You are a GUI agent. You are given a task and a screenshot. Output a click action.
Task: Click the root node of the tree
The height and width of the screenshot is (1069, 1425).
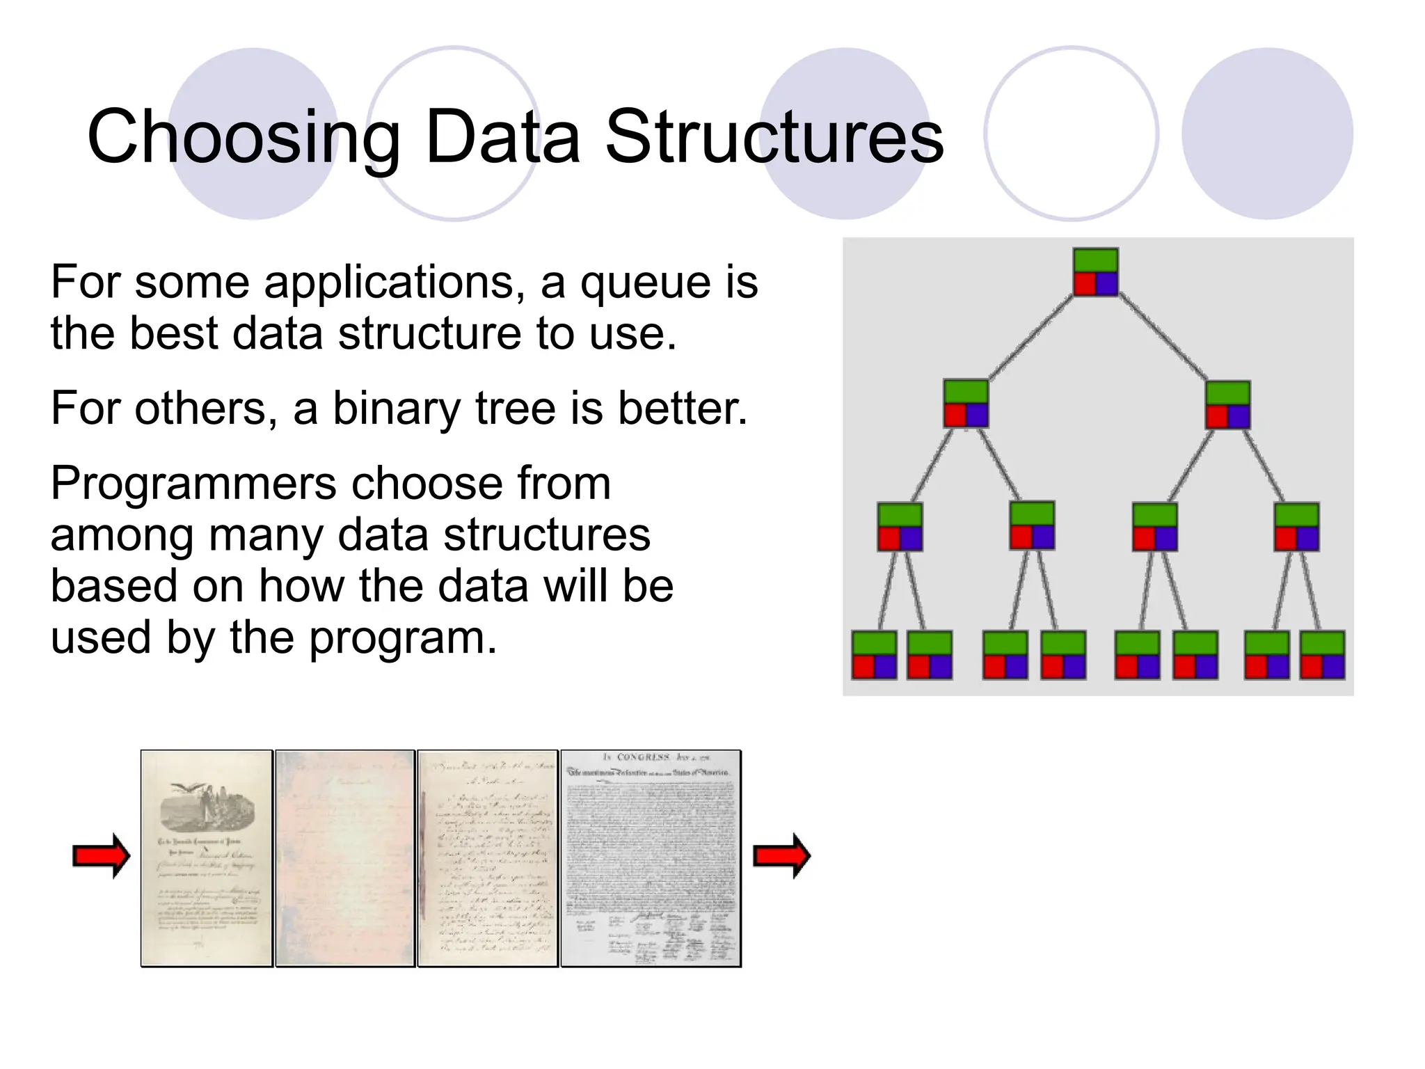coord(1095,271)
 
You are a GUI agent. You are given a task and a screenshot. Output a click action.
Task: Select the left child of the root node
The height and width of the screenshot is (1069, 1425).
coord(966,403)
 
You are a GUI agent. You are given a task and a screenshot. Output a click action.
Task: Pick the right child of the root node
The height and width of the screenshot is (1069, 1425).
coord(1227,404)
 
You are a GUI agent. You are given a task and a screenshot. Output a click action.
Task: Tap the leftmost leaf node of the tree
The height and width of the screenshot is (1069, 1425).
coord(874,655)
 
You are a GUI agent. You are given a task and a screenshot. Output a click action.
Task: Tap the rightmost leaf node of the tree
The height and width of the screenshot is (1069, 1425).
coord(1322,655)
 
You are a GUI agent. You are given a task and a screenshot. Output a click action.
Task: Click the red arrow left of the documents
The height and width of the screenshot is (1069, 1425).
coord(102,856)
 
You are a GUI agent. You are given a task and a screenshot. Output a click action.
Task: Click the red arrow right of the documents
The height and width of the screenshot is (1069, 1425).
coord(782,856)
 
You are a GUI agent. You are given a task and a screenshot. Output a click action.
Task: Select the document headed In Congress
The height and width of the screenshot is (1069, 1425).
coord(651,858)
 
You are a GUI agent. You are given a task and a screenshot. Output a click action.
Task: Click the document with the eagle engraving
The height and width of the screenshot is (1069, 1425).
coord(207,858)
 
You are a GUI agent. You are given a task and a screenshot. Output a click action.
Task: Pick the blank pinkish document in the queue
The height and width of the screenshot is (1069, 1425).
coord(345,858)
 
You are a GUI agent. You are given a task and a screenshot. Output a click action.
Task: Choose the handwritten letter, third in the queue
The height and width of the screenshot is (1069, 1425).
coord(488,858)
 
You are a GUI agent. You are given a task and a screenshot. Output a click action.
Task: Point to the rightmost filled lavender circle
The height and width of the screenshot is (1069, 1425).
coord(1267,134)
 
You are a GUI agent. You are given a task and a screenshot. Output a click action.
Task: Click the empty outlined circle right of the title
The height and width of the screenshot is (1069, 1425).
coord(1071,134)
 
